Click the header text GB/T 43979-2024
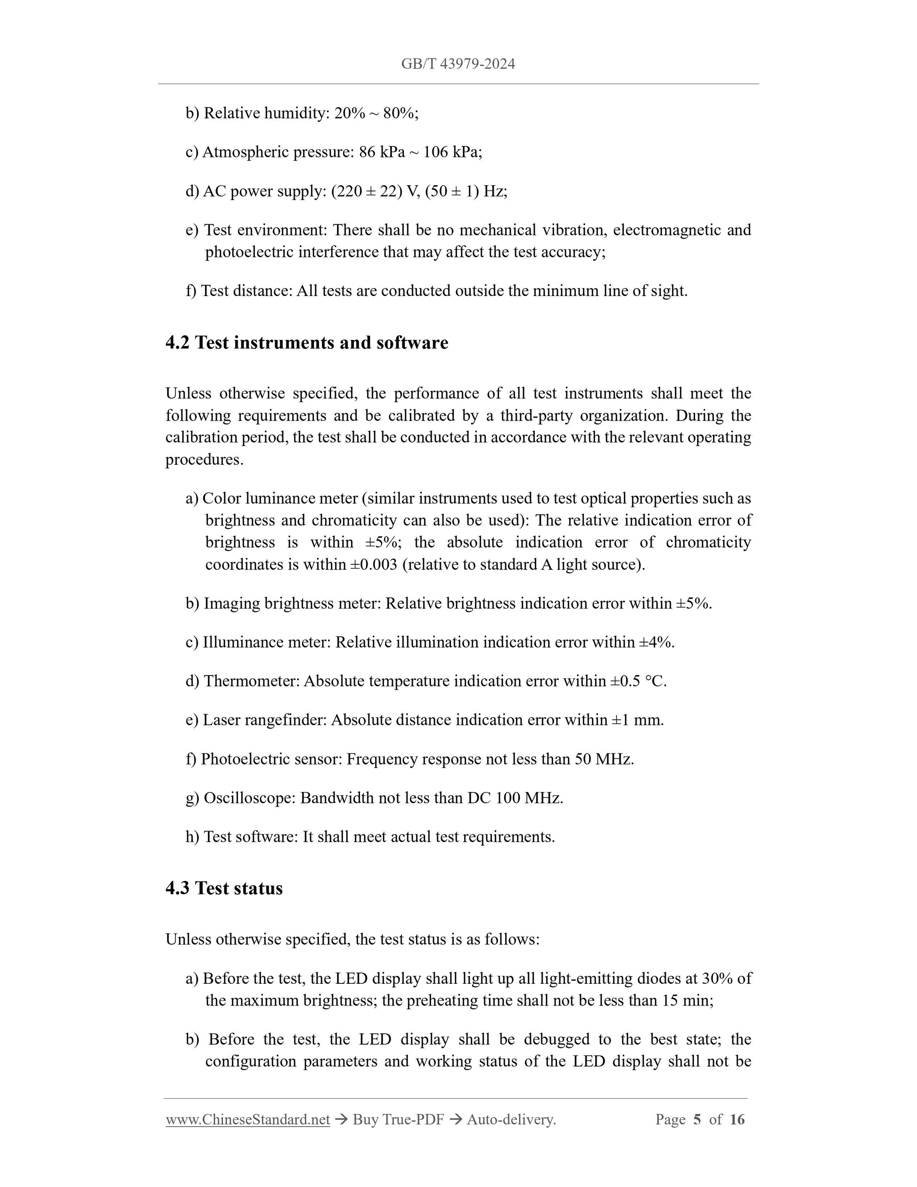click(x=458, y=64)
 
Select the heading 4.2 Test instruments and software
click(x=306, y=343)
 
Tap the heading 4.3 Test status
click(x=224, y=888)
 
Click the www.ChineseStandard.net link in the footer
click(x=248, y=1120)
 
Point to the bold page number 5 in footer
click(x=697, y=1120)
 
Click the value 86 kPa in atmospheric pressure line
click(x=382, y=152)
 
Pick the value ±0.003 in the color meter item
click(x=374, y=565)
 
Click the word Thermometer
click(x=251, y=681)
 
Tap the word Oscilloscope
click(x=249, y=798)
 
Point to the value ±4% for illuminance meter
click(x=655, y=643)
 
